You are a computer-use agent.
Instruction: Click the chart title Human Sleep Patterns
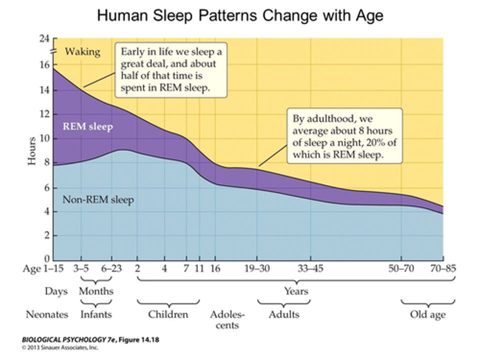[x=240, y=16]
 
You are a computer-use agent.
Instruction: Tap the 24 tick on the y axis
[x=44, y=39]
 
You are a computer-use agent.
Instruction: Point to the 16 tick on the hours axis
[x=44, y=65]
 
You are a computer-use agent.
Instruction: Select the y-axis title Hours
[x=32, y=151]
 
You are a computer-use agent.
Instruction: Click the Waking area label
[x=82, y=52]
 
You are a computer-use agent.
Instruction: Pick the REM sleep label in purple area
[x=88, y=126]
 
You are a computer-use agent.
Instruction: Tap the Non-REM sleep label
[x=98, y=200]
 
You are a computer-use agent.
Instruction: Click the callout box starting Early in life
[x=171, y=70]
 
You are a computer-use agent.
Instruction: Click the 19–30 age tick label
[x=257, y=268]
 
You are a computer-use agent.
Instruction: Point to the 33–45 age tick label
[x=310, y=268]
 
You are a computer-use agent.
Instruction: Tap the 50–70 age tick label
[x=401, y=268]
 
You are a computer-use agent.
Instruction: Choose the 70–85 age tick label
[x=443, y=268]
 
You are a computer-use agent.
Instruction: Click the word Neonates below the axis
[x=47, y=314]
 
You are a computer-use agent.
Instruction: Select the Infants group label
[x=96, y=314]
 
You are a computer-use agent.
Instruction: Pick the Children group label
[x=168, y=314]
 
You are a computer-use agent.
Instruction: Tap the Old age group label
[x=428, y=314]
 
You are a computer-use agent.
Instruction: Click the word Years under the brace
[x=296, y=291]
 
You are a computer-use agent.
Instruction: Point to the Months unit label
[x=96, y=291]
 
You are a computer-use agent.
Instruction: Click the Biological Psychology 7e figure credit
[x=90, y=340]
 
